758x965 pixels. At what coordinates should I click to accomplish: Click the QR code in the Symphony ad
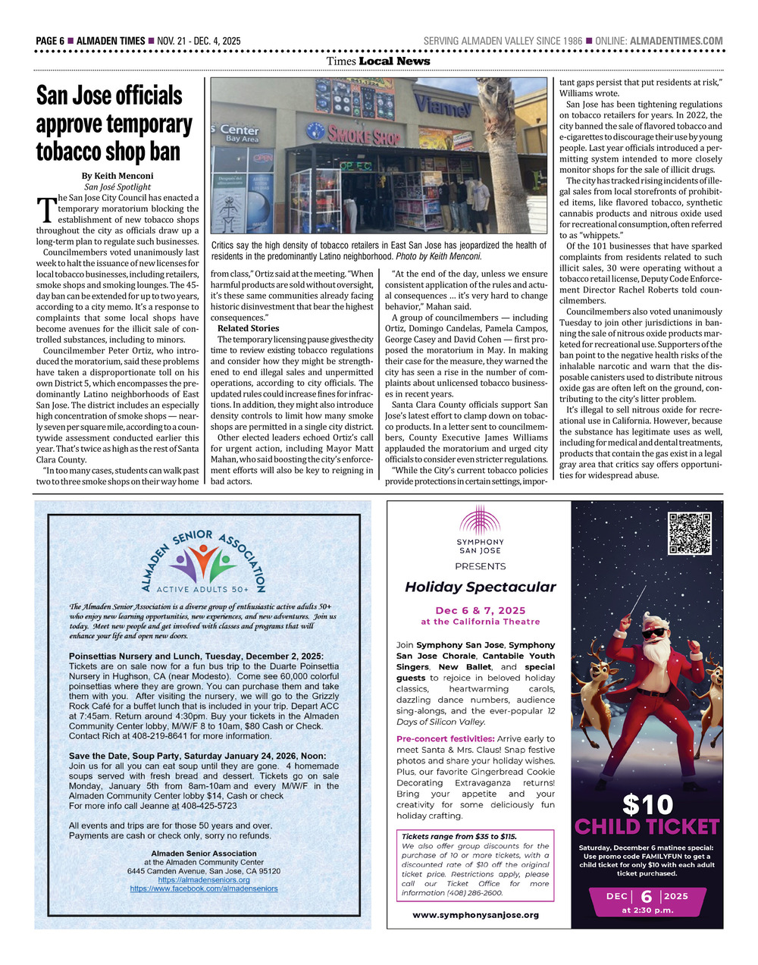coord(690,534)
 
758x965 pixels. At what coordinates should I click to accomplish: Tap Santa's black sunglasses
coord(654,632)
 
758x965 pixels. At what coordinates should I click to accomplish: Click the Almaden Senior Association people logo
coord(203,562)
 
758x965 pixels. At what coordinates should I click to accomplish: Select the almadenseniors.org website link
coord(204,879)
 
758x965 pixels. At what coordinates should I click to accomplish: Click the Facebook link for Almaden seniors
coord(204,888)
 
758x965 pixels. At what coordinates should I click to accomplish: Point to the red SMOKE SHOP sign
coord(363,136)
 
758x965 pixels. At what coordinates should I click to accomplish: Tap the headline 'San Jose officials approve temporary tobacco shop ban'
coord(114,124)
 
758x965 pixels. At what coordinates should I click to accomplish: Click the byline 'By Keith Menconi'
coord(117,176)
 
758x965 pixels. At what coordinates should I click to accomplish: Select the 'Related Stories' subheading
coord(248,328)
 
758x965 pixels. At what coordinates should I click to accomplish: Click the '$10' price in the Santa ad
coord(647,803)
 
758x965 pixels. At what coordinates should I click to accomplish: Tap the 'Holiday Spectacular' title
coord(480,587)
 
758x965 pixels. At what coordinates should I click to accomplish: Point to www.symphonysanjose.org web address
coord(476,915)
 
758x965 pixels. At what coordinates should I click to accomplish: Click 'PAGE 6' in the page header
coord(50,41)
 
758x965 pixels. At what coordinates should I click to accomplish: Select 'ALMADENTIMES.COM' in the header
coord(676,41)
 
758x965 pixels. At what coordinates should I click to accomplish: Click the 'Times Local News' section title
coord(378,61)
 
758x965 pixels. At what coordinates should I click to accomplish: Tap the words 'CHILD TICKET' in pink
coord(647,826)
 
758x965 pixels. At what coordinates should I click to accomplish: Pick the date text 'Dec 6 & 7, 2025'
coord(480,610)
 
